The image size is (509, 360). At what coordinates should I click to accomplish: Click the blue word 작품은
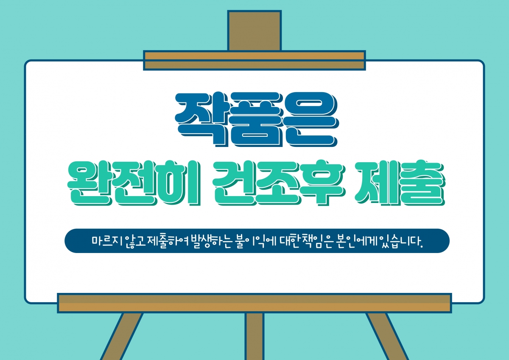click(x=257, y=119)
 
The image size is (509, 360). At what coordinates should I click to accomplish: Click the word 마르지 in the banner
click(x=107, y=241)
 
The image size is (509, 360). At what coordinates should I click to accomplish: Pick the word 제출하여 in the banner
click(x=168, y=242)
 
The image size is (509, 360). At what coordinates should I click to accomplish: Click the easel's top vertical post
click(x=254, y=31)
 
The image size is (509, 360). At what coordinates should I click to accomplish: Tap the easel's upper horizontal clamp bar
click(x=254, y=60)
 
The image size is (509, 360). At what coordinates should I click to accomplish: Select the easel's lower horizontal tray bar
click(x=254, y=303)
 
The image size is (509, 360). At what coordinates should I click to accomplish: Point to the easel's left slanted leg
click(x=122, y=336)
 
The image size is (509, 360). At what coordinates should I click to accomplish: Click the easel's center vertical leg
click(x=254, y=336)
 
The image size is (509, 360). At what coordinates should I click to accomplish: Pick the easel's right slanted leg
click(x=387, y=336)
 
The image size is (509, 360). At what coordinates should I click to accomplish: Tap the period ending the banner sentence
click(x=422, y=247)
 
